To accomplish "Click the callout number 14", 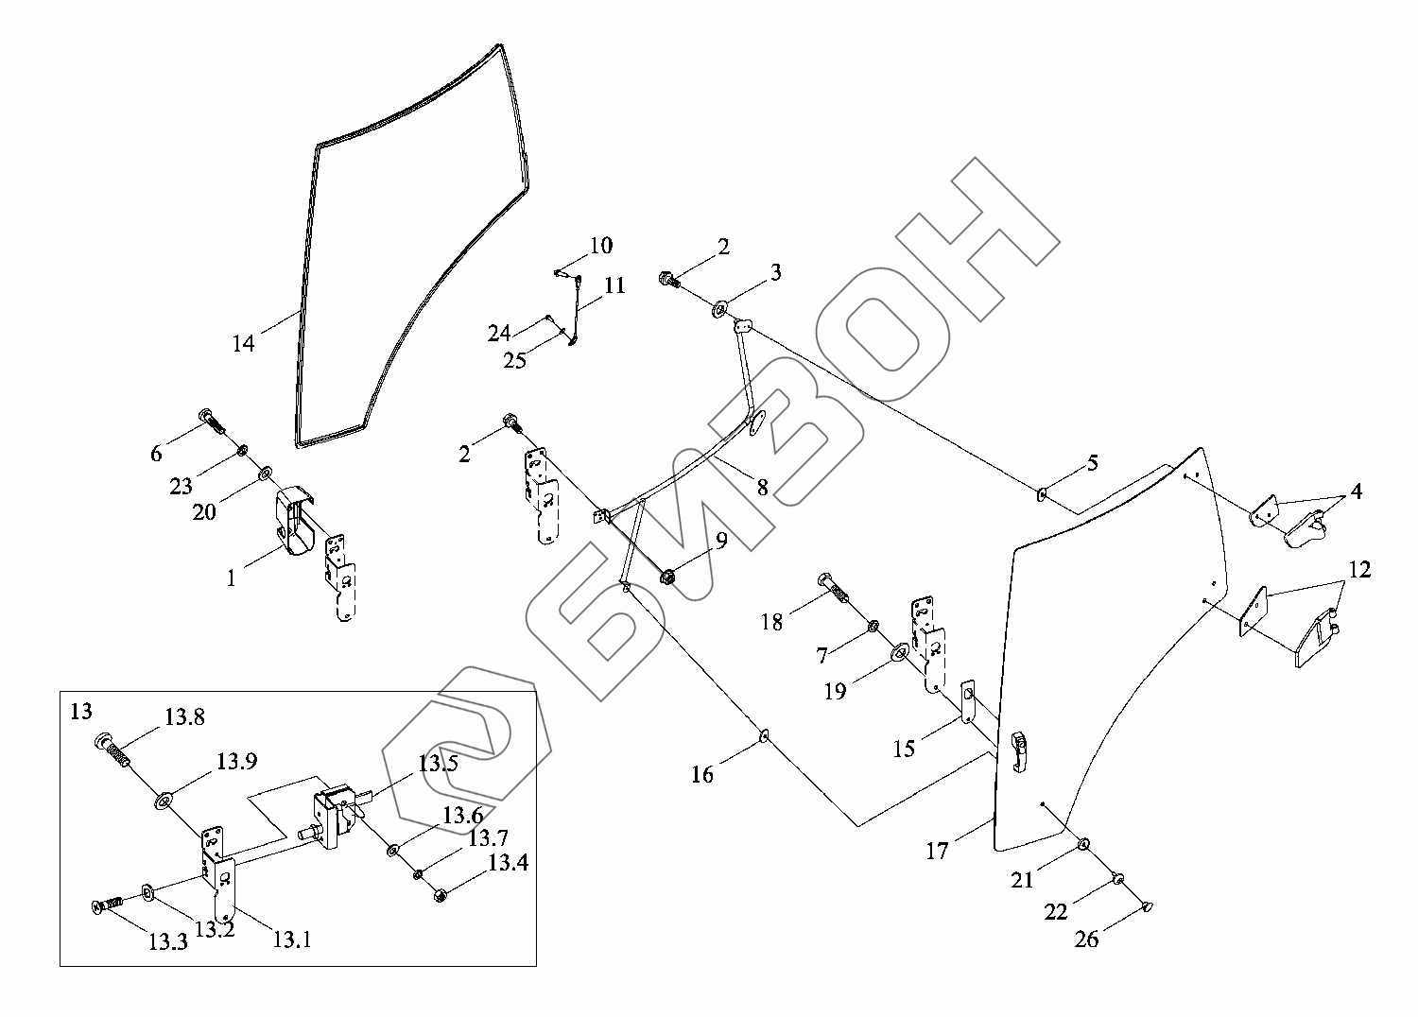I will tap(244, 343).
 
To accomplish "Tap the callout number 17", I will tap(937, 852).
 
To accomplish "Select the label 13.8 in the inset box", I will tap(184, 717).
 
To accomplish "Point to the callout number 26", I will tap(1087, 940).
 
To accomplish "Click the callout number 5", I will tap(1092, 463).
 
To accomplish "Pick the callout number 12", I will tap(1359, 570).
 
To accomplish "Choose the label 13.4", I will tap(508, 863).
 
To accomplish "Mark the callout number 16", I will tap(702, 775).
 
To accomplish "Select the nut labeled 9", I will tap(666, 575).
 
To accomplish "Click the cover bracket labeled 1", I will tap(294, 525).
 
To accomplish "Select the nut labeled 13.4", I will tap(440, 894).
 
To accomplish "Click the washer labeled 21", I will tap(1083, 844).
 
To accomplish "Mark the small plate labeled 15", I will tap(968, 701).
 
